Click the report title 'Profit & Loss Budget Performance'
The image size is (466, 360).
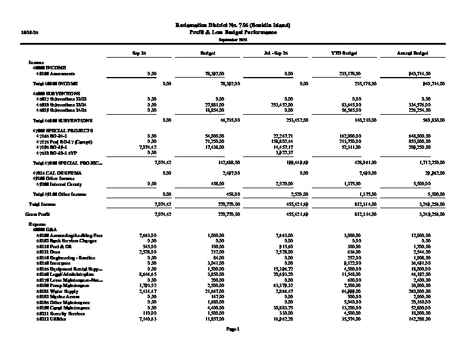233,32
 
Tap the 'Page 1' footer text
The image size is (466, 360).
233,329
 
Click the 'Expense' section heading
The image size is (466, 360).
36,224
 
